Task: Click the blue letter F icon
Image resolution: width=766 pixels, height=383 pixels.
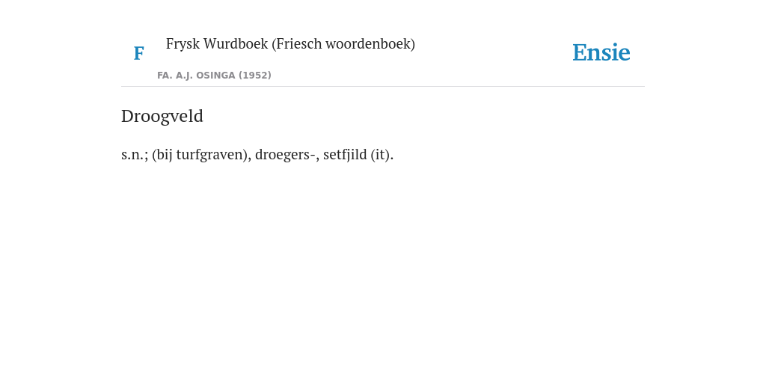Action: [138, 53]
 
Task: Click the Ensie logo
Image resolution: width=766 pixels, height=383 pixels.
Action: [601, 53]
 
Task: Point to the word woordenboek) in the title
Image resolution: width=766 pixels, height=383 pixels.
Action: [370, 44]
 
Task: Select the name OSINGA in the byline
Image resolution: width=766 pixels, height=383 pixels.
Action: [216, 76]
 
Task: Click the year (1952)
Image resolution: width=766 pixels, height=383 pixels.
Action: [255, 76]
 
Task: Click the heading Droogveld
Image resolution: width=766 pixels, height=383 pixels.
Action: [162, 116]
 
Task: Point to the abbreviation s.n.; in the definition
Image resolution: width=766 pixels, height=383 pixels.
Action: [135, 155]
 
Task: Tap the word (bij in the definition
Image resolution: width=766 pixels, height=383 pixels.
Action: [162, 155]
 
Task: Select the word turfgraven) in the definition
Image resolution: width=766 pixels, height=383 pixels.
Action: [214, 155]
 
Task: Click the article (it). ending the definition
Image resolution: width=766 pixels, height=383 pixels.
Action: [382, 155]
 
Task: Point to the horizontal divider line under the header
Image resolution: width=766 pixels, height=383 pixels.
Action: [383, 87]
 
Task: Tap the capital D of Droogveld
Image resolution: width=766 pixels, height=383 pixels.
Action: [127, 116]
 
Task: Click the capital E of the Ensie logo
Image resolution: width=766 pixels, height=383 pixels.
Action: [580, 53]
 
